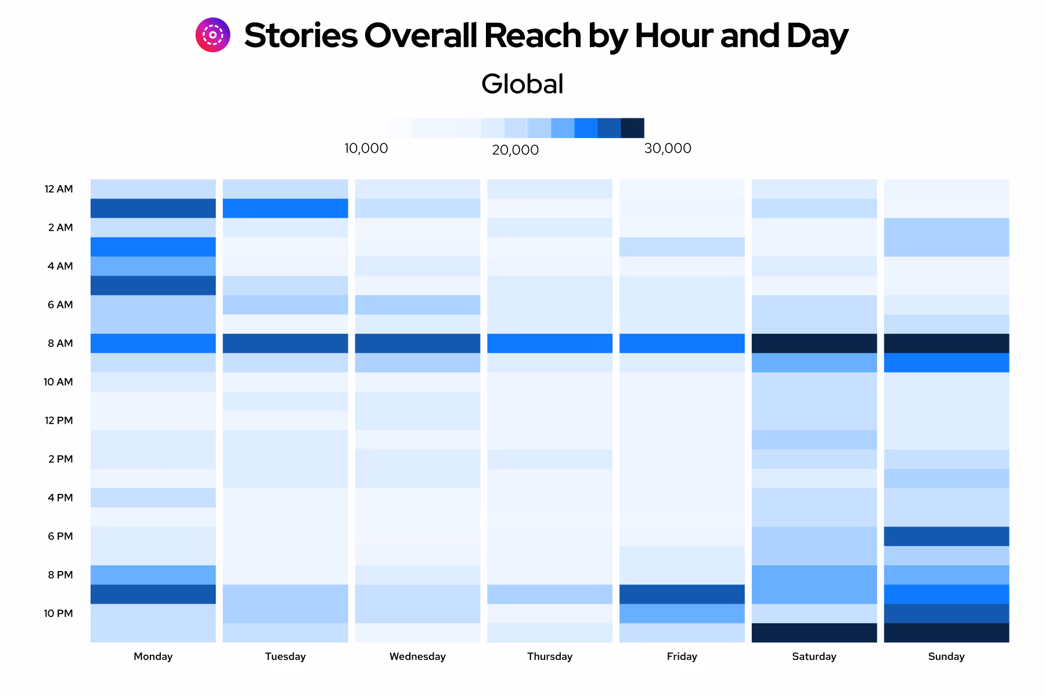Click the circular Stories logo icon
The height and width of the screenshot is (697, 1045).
point(212,35)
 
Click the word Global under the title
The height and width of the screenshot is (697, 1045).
point(522,84)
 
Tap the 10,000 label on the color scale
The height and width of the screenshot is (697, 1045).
point(366,149)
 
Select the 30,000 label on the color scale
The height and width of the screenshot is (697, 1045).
point(668,149)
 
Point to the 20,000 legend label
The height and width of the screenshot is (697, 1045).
point(515,150)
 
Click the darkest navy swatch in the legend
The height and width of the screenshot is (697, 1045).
point(632,128)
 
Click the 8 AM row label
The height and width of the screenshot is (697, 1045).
point(60,344)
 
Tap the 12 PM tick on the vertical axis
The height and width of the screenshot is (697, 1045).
point(59,421)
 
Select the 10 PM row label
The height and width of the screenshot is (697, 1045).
point(58,613)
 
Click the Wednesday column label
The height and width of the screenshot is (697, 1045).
point(417,656)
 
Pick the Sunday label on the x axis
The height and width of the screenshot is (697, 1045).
point(946,656)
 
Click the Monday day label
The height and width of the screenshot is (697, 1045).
point(153,656)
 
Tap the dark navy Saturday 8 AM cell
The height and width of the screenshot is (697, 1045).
point(814,344)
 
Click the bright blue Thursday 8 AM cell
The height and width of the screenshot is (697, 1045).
point(549,344)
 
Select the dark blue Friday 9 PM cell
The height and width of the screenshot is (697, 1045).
point(682,594)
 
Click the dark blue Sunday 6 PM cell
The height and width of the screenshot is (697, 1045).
point(946,536)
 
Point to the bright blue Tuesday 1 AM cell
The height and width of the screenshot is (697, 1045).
point(285,208)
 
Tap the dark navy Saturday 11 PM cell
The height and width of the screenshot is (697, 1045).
point(814,633)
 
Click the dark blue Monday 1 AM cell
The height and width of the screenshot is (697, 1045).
point(153,208)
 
